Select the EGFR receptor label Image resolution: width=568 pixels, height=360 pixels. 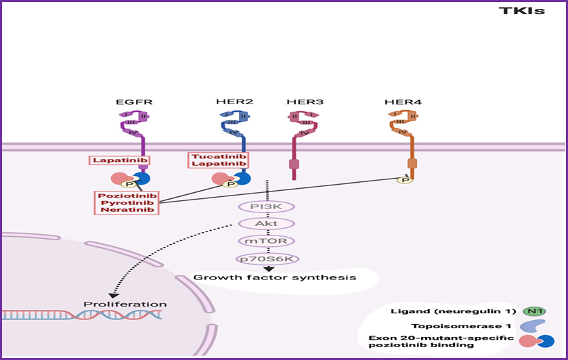pos(134,102)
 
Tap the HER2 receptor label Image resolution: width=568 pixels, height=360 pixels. pos(234,102)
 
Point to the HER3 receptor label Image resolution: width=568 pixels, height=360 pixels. pos(305,102)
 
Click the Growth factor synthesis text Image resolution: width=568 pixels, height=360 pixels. pos(275,277)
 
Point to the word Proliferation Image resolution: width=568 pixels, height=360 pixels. pos(125,305)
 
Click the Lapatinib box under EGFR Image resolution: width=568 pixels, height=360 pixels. pos(119,160)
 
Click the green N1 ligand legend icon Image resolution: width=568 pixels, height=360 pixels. pos(534,311)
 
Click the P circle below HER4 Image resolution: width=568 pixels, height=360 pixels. pos(405,180)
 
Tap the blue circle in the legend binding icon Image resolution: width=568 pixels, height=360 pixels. pos(545,341)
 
